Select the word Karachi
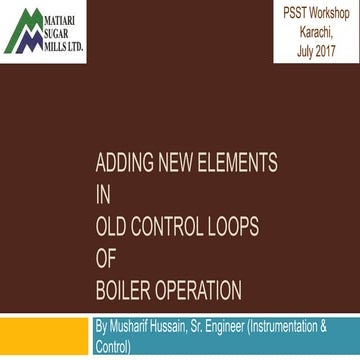click(x=316, y=29)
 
